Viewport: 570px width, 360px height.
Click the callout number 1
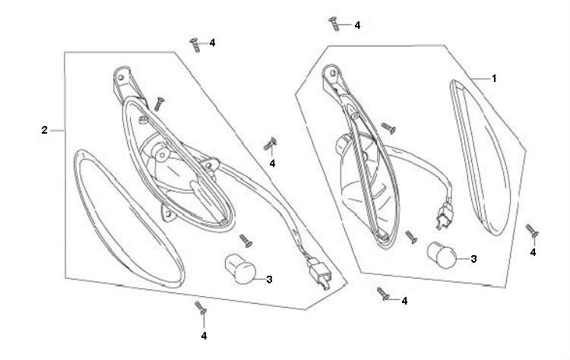tap(493, 78)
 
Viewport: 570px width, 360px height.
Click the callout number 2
tap(45, 131)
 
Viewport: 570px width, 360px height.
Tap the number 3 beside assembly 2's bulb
tap(270, 279)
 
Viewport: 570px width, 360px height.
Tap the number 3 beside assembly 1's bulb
tap(473, 259)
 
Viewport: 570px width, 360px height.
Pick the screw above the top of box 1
tap(335, 24)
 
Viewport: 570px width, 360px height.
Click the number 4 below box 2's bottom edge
tap(204, 335)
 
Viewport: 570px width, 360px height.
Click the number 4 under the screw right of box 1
tap(534, 251)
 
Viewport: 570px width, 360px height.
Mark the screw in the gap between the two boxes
tap(270, 144)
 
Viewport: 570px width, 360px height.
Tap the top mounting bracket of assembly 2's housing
tap(122, 81)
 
